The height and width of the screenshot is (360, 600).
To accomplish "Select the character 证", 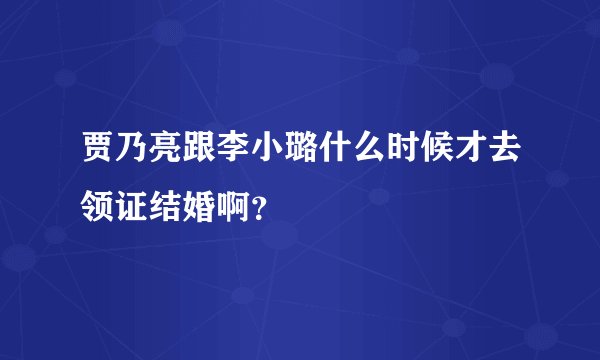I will tap(135, 203).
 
